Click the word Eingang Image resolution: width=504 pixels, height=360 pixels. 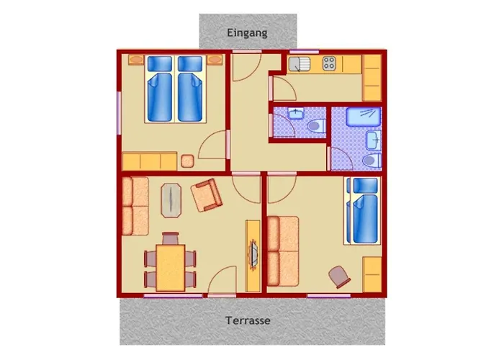(x=247, y=33)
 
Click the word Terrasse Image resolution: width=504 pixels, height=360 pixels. (x=248, y=320)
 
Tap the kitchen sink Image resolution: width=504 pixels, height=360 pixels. (x=299, y=64)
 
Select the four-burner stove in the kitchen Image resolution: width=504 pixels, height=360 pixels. (x=329, y=63)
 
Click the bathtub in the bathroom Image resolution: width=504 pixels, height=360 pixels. (x=364, y=117)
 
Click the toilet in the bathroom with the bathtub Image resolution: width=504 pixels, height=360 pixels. (x=372, y=160)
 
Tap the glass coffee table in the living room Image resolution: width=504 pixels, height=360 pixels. (x=171, y=200)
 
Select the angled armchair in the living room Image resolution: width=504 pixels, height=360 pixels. (x=207, y=195)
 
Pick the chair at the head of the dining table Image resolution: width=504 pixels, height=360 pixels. (x=171, y=238)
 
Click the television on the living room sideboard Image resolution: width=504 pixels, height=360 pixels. (x=254, y=253)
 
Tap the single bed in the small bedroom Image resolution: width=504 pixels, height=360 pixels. (x=363, y=211)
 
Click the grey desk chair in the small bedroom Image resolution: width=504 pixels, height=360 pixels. (x=339, y=276)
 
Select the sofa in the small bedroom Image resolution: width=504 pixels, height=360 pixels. (x=283, y=251)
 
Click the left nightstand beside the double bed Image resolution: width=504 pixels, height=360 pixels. (x=136, y=60)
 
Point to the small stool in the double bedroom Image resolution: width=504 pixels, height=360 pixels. (x=187, y=161)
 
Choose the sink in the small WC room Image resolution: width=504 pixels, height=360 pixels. (x=296, y=114)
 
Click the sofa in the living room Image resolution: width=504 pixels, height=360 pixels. (x=135, y=206)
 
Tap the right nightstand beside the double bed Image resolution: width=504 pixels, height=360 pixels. (x=215, y=60)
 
